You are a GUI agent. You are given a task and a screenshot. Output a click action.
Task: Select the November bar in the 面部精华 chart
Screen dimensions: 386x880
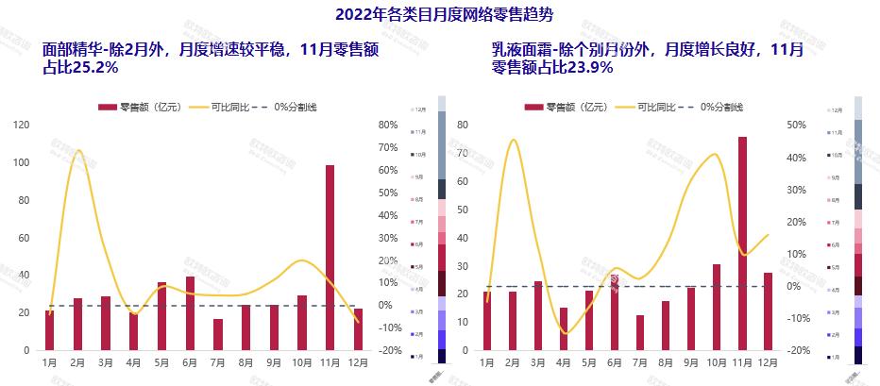coord(330,257)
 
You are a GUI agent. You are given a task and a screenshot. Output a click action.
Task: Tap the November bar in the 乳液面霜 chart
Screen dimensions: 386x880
coord(742,243)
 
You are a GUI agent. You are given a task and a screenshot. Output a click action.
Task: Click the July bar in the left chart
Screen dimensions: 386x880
coord(218,334)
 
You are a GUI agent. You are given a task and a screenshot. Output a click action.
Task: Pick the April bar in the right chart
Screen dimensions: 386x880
coord(564,328)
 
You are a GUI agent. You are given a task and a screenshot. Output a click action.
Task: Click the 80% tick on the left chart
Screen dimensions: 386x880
coord(387,125)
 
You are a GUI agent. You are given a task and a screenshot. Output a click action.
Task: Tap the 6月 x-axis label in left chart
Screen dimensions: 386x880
coord(190,362)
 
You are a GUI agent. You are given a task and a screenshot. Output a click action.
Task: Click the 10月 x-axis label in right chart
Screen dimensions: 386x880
coord(717,362)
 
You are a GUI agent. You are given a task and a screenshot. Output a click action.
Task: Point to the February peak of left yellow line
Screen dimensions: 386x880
coord(77,150)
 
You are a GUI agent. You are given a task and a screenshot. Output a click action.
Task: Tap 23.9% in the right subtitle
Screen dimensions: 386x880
coord(591,68)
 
